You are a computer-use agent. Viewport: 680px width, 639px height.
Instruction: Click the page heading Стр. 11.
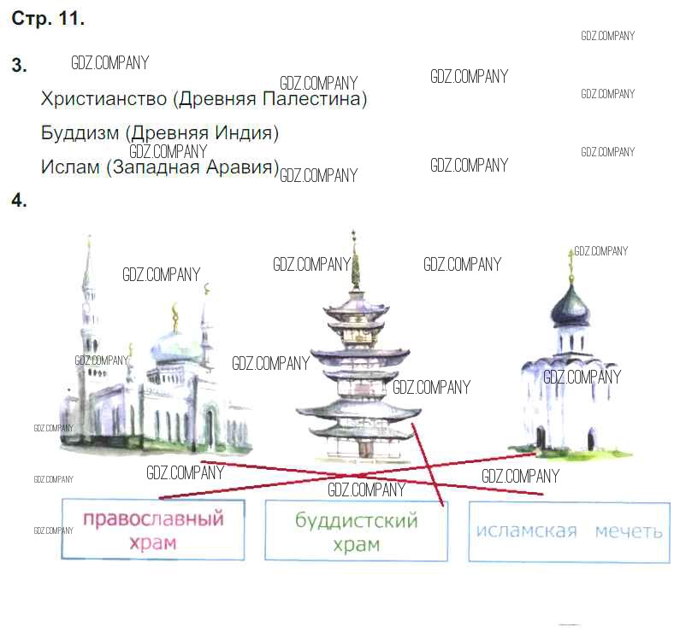click(48, 19)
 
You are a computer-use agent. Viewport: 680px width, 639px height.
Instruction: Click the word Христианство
click(103, 99)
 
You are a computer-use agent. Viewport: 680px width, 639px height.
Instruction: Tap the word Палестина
click(315, 99)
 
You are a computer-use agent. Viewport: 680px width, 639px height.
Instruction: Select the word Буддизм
click(80, 132)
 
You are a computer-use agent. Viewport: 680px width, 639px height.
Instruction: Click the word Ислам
click(70, 167)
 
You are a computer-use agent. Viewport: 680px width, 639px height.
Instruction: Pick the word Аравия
click(241, 167)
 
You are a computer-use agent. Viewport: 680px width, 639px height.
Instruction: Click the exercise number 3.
click(19, 65)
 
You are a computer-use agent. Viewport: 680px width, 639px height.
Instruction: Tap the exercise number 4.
click(19, 200)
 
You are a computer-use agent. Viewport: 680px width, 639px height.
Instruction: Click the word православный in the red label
click(153, 519)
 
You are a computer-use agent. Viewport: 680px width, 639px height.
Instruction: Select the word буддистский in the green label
click(357, 521)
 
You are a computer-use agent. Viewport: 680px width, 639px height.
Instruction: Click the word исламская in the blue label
click(527, 531)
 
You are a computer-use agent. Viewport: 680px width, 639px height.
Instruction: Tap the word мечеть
click(629, 531)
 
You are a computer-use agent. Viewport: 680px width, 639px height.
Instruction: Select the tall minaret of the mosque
click(88, 324)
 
